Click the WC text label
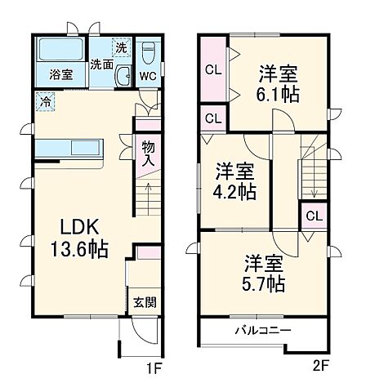click(x=148, y=76)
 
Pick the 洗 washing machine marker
click(x=121, y=47)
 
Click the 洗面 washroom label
click(x=102, y=64)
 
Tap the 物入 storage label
click(x=148, y=154)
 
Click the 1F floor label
click(x=154, y=369)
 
